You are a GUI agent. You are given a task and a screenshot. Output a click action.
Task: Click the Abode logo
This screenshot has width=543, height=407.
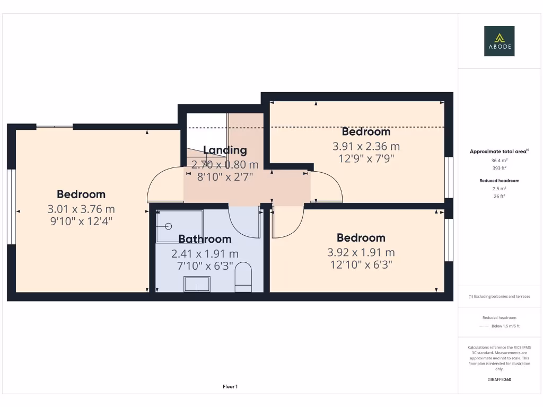500,41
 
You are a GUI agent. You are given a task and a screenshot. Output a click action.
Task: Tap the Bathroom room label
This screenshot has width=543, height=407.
205,239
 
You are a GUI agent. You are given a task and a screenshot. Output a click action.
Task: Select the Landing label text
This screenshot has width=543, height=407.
225,150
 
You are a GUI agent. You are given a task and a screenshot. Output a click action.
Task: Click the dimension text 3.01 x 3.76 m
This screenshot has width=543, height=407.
81,209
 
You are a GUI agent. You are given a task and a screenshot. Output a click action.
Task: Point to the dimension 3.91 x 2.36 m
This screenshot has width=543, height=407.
366,146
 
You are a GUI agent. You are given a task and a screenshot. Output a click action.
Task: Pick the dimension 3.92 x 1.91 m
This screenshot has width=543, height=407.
361,253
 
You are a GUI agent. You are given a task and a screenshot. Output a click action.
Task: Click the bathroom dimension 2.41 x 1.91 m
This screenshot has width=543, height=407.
205,254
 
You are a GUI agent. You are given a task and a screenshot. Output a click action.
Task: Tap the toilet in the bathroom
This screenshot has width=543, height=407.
243,277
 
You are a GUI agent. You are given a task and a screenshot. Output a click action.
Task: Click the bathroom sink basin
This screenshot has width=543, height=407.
197,285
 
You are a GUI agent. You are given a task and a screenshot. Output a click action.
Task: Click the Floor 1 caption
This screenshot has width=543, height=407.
230,387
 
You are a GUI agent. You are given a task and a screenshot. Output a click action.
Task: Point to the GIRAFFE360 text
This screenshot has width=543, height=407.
499,379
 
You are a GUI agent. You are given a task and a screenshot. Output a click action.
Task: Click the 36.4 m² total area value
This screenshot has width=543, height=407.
499,160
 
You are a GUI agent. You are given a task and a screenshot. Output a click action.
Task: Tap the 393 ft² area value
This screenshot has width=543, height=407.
499,168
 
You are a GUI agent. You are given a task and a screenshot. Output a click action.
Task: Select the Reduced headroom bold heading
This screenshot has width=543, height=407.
499,181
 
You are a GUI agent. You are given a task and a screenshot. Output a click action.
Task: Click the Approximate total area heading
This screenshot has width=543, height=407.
498,152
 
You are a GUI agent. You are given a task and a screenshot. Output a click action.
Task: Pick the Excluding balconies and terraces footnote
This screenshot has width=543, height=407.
499,297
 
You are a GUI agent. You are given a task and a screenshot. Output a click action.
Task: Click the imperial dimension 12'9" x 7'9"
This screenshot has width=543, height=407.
366,158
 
